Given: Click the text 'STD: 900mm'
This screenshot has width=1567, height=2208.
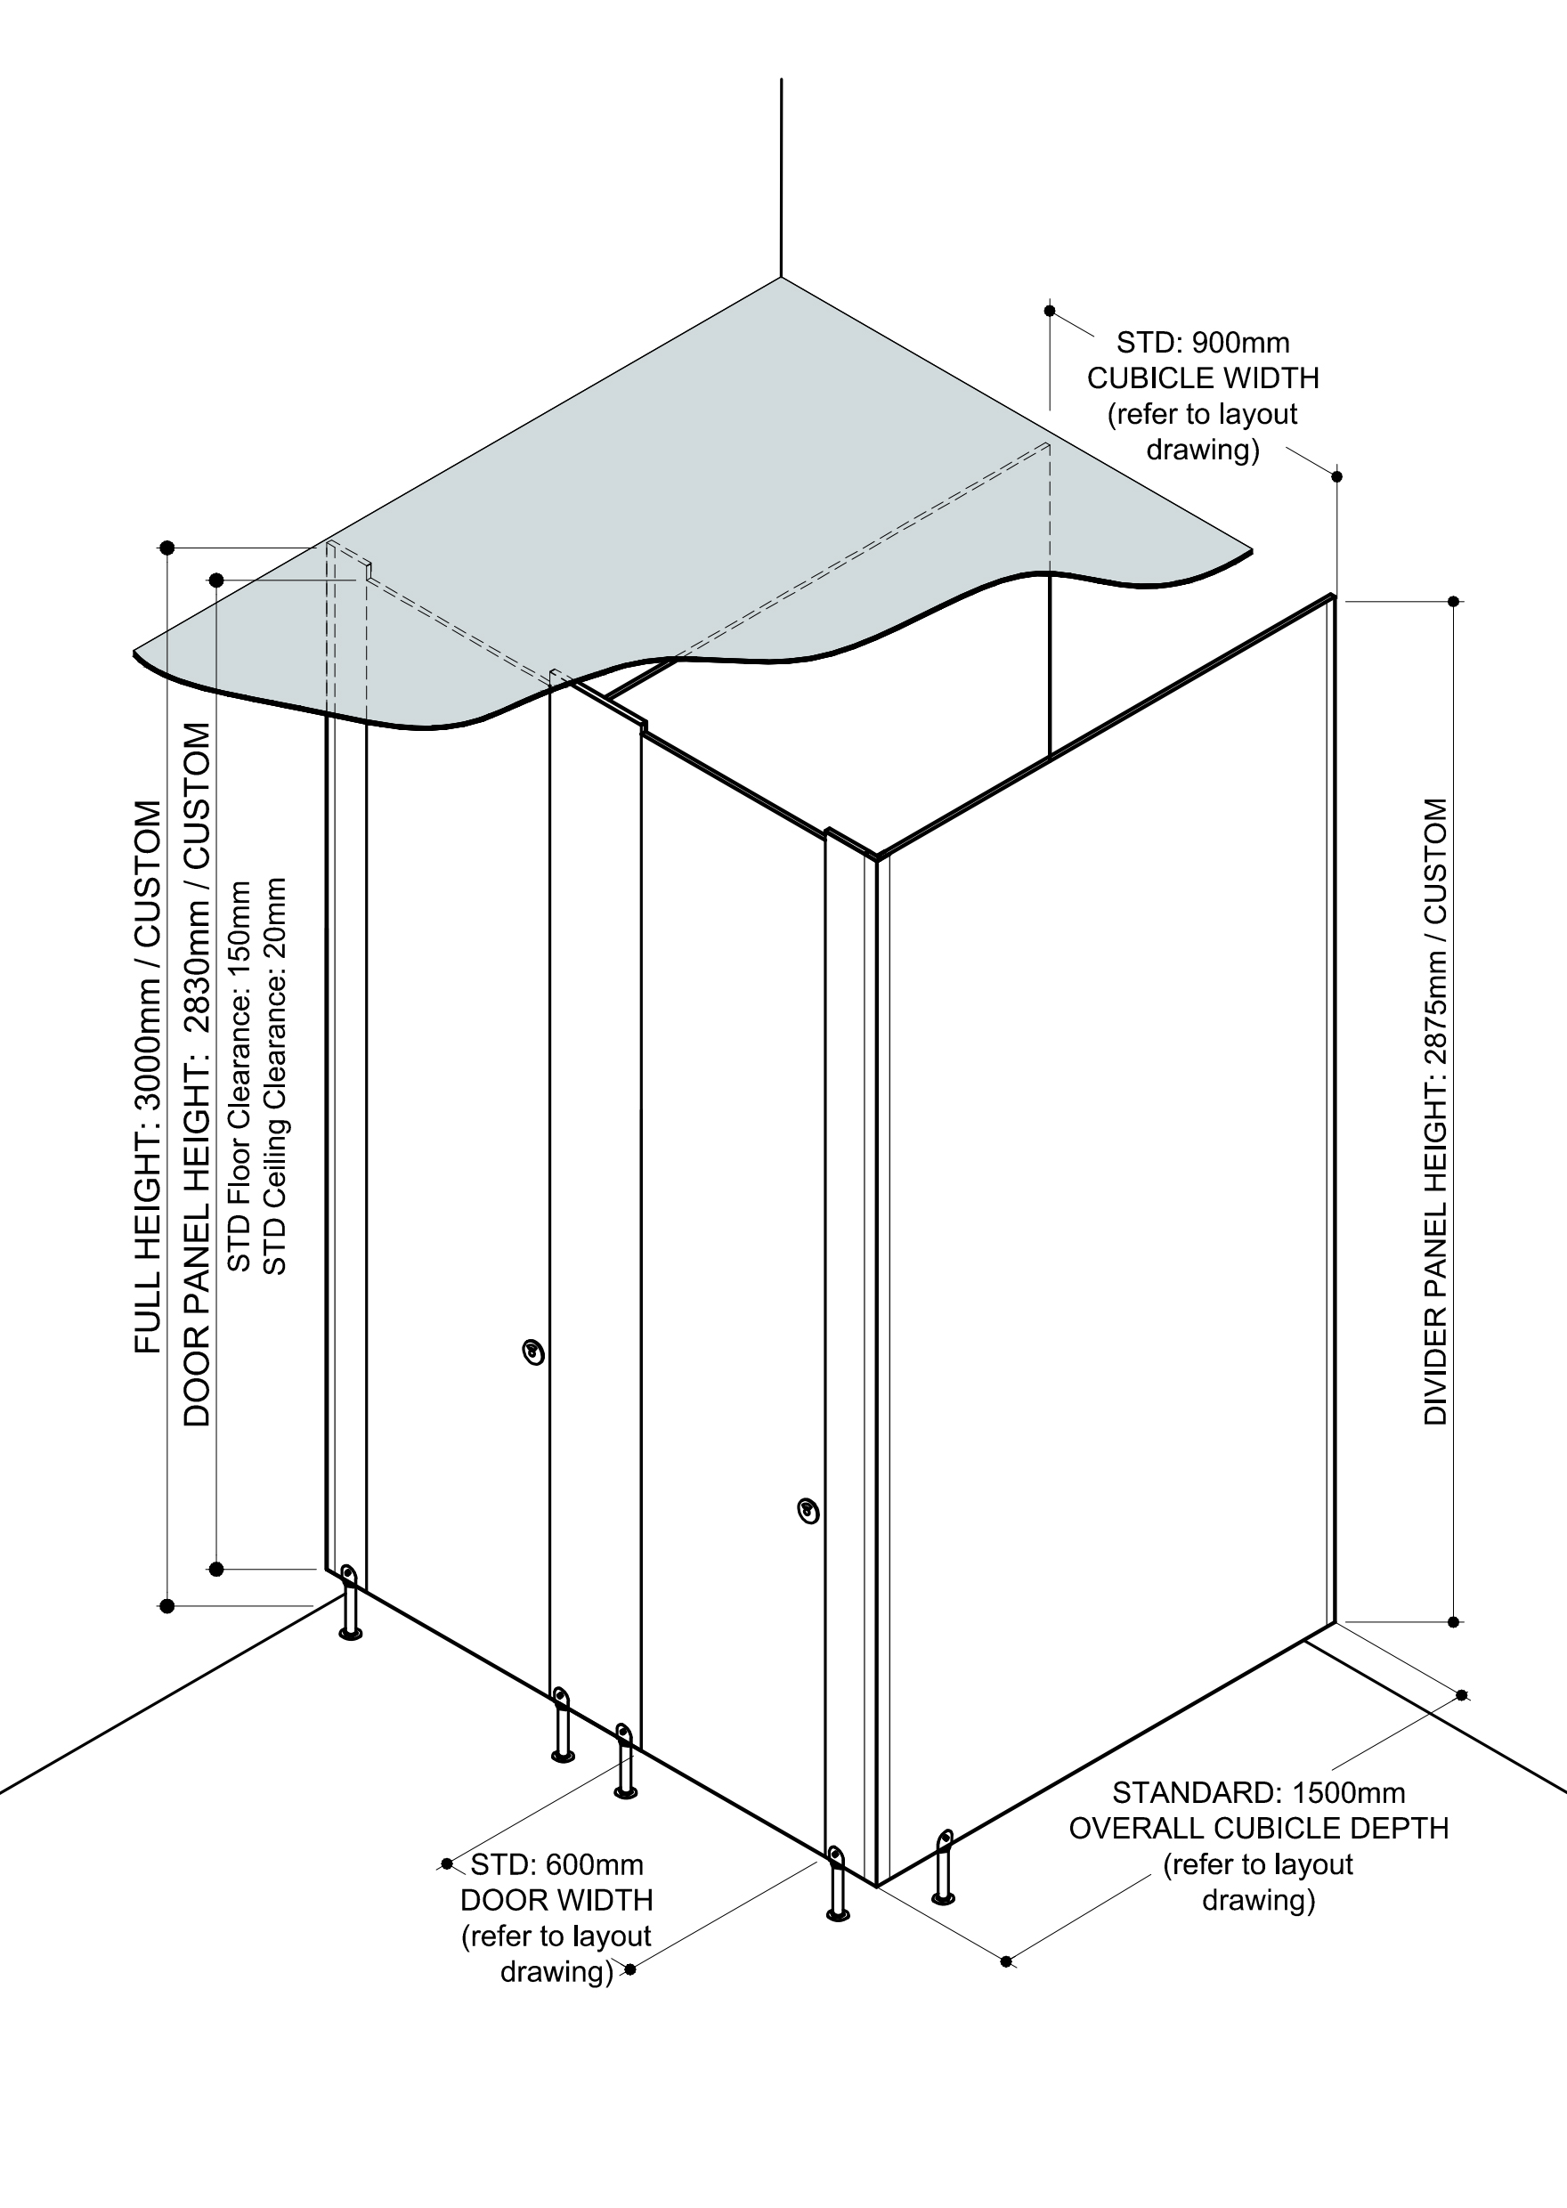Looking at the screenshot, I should (1202, 343).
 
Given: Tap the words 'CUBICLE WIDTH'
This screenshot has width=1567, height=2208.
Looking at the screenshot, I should (1202, 378).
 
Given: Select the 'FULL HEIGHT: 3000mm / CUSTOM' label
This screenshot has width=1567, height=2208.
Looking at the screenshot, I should (148, 1076).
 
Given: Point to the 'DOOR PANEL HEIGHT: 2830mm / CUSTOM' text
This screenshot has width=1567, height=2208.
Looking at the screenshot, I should (197, 1075).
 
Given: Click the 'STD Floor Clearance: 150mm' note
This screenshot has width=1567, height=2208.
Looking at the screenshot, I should (240, 1076).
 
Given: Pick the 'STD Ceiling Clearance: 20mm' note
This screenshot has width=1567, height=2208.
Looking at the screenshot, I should (275, 1076).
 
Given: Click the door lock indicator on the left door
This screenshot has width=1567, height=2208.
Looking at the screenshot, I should (532, 1352).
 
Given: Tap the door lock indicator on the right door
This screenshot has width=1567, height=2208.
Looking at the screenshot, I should (808, 1511).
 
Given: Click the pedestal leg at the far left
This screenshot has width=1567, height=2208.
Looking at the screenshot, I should (350, 1607).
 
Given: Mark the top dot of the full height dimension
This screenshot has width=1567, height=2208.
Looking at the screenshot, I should (166, 548).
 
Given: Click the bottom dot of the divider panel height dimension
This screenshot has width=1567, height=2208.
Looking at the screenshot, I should (1454, 1622).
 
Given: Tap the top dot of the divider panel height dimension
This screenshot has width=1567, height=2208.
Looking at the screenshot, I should (1454, 601).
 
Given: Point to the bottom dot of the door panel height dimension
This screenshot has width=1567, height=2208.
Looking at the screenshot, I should (216, 1570).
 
